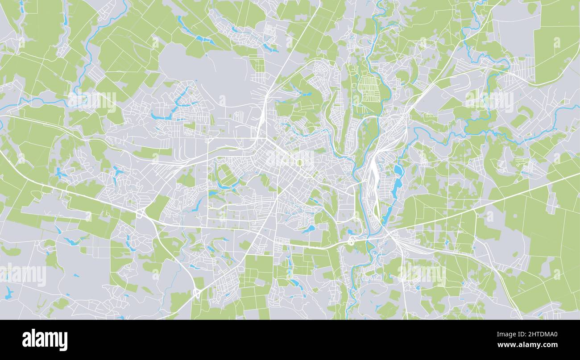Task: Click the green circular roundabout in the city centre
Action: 298,163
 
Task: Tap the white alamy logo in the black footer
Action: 45,340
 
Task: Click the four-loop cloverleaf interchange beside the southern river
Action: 351,241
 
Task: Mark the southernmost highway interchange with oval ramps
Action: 197,293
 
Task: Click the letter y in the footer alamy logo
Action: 63,342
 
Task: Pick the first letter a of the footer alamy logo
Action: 26,341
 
